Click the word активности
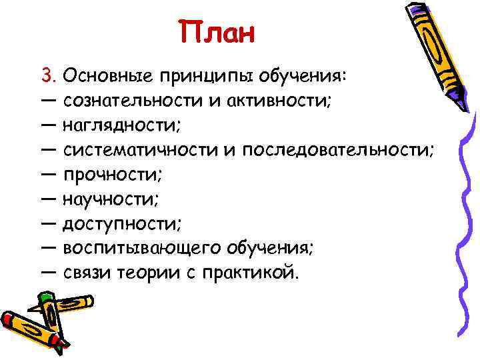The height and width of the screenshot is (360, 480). [x=279, y=101]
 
